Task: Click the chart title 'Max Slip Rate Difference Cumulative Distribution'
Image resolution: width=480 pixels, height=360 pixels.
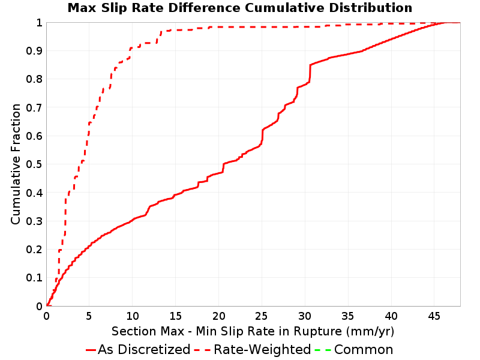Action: tap(239, 8)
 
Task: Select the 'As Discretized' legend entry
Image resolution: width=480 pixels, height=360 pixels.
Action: tap(138, 349)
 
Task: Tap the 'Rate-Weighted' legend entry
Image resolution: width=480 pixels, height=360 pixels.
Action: tap(253, 349)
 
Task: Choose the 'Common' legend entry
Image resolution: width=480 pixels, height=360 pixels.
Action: tap(354, 349)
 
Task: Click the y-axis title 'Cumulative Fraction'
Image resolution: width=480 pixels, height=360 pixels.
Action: tap(16, 164)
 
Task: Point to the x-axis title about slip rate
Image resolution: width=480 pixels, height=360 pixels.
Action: tap(253, 331)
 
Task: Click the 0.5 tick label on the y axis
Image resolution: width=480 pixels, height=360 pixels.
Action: tap(34, 164)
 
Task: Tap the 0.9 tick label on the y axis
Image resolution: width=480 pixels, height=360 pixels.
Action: tap(34, 51)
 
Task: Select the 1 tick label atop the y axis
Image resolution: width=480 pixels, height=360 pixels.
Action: tap(39, 23)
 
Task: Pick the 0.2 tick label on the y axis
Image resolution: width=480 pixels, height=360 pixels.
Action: tap(34, 250)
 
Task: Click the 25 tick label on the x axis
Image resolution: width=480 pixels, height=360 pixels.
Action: tap(262, 316)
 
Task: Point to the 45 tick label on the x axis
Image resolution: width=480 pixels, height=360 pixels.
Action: tap(434, 316)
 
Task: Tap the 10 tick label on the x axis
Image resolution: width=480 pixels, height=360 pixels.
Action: tap(133, 316)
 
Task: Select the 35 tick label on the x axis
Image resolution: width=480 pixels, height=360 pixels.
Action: tap(348, 316)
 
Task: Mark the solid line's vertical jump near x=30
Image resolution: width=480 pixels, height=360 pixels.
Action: tap(310, 73)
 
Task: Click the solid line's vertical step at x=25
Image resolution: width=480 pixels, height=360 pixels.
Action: tap(262, 136)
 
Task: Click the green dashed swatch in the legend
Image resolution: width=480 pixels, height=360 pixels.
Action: tap(323, 350)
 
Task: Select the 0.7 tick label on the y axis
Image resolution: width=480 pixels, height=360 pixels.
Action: tap(34, 108)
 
